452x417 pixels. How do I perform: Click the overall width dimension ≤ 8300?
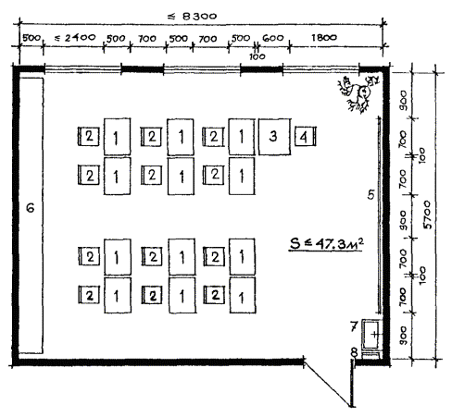192,16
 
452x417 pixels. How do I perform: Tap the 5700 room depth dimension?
427,215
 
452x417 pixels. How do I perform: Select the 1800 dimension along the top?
324,38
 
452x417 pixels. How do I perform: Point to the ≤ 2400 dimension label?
75,38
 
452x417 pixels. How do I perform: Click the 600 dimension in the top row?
273,38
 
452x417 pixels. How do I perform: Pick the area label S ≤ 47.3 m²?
326,243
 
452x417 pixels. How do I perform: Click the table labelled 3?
274,137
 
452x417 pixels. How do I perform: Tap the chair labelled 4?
305,136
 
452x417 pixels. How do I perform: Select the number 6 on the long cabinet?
31,208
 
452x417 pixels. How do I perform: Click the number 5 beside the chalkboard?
370,194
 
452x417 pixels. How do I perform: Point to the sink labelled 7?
371,334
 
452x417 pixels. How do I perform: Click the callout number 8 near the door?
355,352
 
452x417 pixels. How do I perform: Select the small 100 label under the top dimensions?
257,56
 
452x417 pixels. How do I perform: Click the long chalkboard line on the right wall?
379,215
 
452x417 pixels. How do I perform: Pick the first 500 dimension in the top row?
31,38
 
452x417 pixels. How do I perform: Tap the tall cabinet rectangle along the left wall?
31,215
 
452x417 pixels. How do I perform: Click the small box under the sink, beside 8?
370,355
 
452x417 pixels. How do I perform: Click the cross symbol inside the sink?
374,334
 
